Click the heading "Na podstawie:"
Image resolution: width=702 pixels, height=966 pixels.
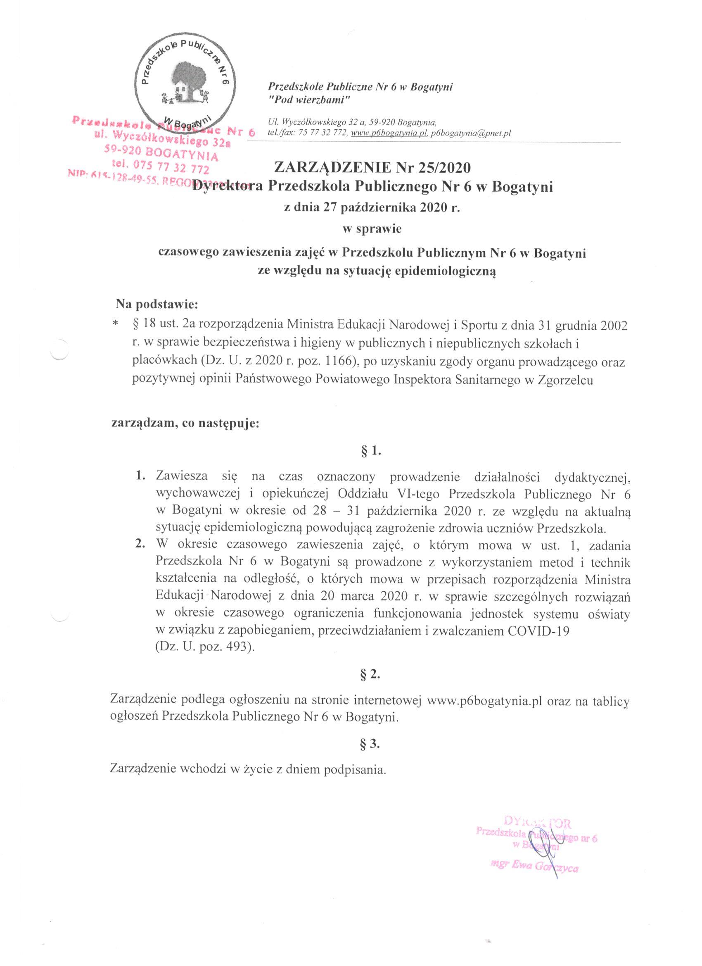pos(157,305)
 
